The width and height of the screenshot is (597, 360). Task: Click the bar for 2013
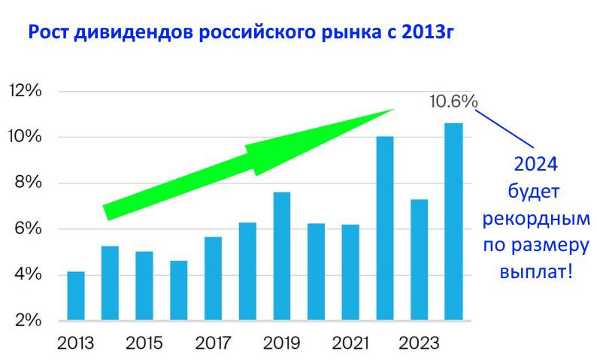[x=75, y=295]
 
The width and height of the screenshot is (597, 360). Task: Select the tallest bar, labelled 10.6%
[x=453, y=222]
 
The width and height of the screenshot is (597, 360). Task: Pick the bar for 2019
[x=281, y=256]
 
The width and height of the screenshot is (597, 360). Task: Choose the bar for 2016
[x=178, y=290]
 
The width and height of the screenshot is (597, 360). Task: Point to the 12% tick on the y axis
[x=25, y=91]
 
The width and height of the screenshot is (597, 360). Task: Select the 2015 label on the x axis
[x=144, y=343]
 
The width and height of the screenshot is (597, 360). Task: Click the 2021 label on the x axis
[x=350, y=343]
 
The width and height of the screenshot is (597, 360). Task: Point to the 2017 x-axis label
[x=213, y=343]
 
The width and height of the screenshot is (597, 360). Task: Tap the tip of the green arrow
[x=393, y=109]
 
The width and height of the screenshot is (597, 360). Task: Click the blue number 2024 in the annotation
[x=535, y=164]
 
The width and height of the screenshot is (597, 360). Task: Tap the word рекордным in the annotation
[x=535, y=218]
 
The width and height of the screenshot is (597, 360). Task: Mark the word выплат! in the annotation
[x=535, y=271]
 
